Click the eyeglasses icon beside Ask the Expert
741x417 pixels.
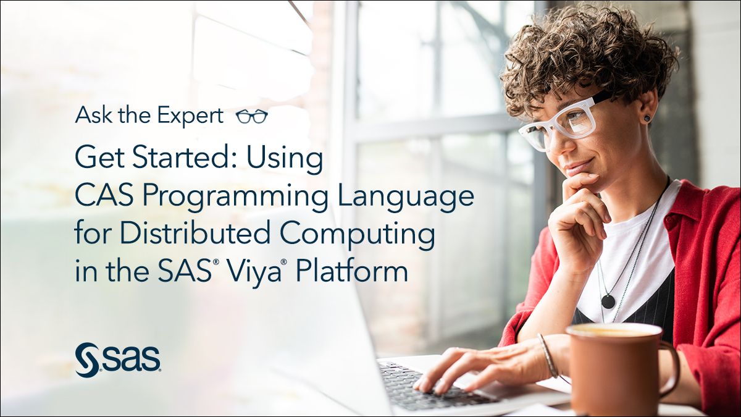tap(252, 116)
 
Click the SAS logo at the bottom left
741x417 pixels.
tap(118, 359)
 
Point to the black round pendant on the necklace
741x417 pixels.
tap(608, 301)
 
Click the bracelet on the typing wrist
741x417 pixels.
tap(548, 355)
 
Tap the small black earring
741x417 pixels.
tap(647, 117)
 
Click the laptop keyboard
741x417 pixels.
tap(432, 386)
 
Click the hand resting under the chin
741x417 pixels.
tap(577, 216)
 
